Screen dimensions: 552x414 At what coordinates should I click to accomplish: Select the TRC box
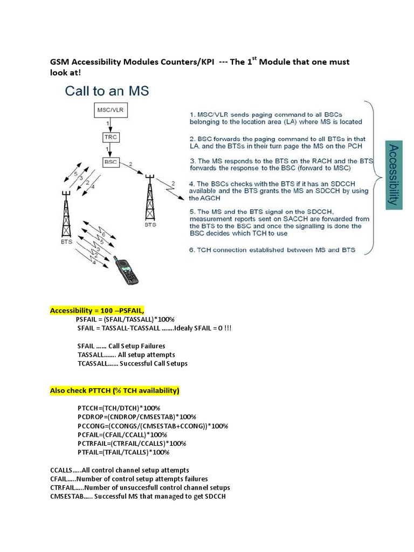coord(109,137)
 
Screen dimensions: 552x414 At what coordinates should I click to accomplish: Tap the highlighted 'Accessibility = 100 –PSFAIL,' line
coord(96,310)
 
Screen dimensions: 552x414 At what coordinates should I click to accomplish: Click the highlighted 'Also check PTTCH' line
coord(115,390)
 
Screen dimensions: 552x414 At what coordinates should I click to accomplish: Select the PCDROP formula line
coord(136,417)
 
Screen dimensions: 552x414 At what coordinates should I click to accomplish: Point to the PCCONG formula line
coord(153,426)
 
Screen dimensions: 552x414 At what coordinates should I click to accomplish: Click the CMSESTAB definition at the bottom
coord(137,496)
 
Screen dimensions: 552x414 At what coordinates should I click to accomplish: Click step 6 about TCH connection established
coord(275,250)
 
